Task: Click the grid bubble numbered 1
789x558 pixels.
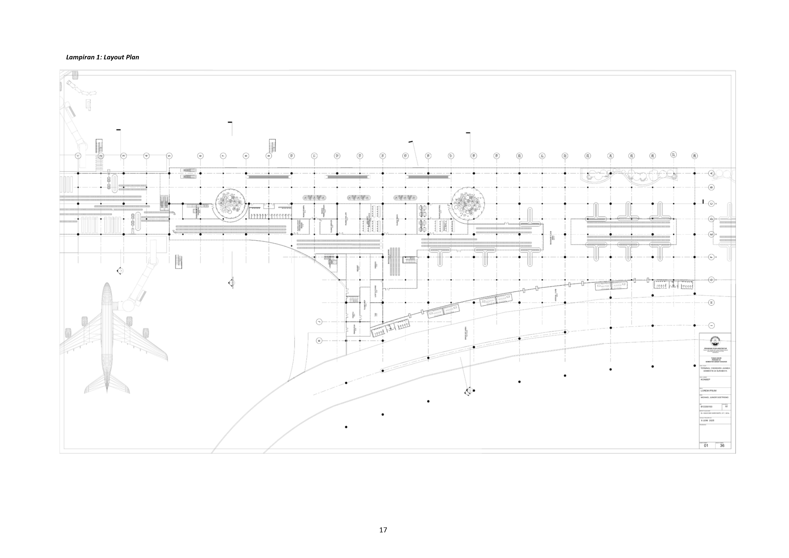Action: (x=78, y=156)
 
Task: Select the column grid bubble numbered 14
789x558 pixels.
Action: (x=383, y=156)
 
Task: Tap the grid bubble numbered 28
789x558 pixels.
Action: (x=695, y=156)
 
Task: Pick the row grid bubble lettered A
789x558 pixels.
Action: (x=711, y=173)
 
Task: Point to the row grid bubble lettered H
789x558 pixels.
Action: (x=711, y=302)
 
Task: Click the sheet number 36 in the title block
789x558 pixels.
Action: (x=722, y=445)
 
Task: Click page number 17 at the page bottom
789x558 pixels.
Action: (x=383, y=530)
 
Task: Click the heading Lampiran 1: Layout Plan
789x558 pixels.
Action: (x=102, y=57)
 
